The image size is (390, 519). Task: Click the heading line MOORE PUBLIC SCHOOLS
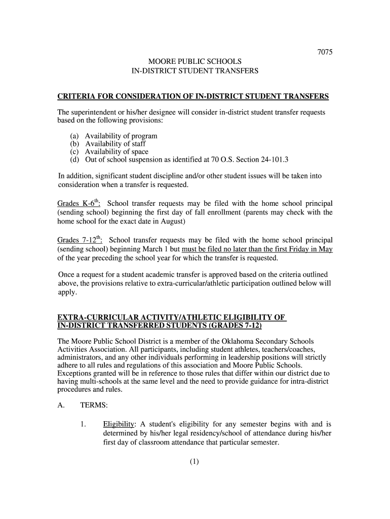tap(195, 62)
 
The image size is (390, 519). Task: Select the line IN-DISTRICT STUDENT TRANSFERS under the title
tap(195, 71)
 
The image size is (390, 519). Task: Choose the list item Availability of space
tap(116, 152)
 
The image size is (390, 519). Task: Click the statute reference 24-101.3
tap(271, 160)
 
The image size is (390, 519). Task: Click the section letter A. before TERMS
tap(61, 405)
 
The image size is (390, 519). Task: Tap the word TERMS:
tap(94, 405)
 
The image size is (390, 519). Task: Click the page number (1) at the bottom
tap(195, 461)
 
